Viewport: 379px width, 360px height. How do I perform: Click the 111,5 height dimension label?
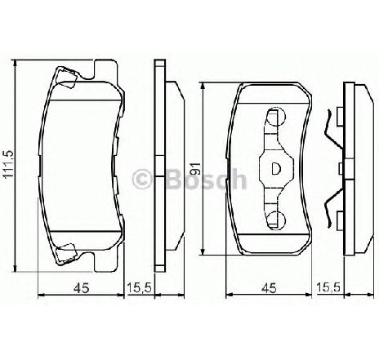click(9, 164)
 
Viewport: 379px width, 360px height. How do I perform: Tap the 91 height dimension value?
click(195, 169)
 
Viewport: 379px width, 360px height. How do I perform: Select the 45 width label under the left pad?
click(82, 287)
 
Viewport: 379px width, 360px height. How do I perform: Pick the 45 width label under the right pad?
click(269, 287)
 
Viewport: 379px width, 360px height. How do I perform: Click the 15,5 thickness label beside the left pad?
click(139, 287)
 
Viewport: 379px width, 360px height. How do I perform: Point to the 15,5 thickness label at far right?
click(328, 287)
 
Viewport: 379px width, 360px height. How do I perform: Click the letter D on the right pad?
click(276, 169)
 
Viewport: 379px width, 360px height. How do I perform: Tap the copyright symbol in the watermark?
click(141, 179)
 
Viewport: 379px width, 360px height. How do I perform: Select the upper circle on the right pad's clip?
click(275, 117)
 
